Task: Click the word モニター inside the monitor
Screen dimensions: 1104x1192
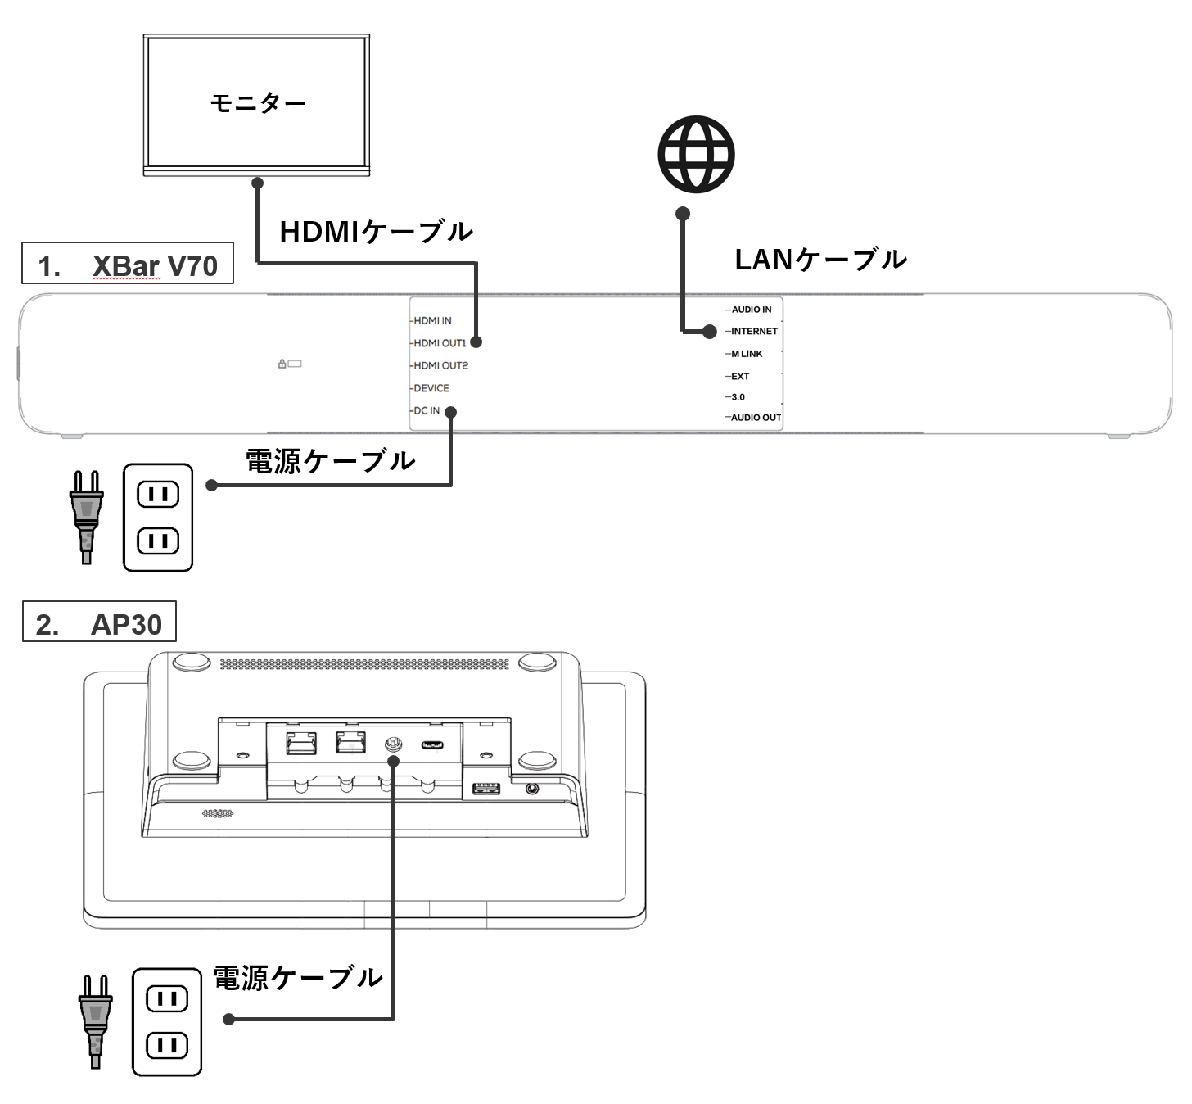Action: [x=257, y=103]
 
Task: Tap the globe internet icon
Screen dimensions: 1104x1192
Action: [x=696, y=154]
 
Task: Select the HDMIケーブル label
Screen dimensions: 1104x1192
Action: [x=376, y=232]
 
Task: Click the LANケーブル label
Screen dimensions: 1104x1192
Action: [x=820, y=260]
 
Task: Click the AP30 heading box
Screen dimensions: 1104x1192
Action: [x=99, y=624]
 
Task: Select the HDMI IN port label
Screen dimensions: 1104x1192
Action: [x=432, y=321]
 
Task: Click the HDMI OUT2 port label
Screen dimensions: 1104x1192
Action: [x=440, y=365]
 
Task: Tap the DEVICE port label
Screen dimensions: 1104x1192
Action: [x=431, y=388]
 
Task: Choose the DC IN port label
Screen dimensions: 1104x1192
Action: [x=427, y=410]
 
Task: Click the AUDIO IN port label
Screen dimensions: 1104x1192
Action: [x=751, y=310]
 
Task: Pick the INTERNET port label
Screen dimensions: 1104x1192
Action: [x=754, y=332]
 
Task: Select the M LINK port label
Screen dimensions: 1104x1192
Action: [x=747, y=354]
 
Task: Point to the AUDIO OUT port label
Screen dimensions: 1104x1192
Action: [x=756, y=418]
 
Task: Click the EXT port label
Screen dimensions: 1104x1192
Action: [x=740, y=377]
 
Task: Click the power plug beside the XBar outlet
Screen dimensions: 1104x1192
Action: [x=86, y=516]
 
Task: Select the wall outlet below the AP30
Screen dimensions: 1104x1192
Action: [x=167, y=1021]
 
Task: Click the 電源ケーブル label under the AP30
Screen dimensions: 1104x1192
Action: [x=298, y=977]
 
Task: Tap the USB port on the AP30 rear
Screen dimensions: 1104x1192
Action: [x=486, y=789]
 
